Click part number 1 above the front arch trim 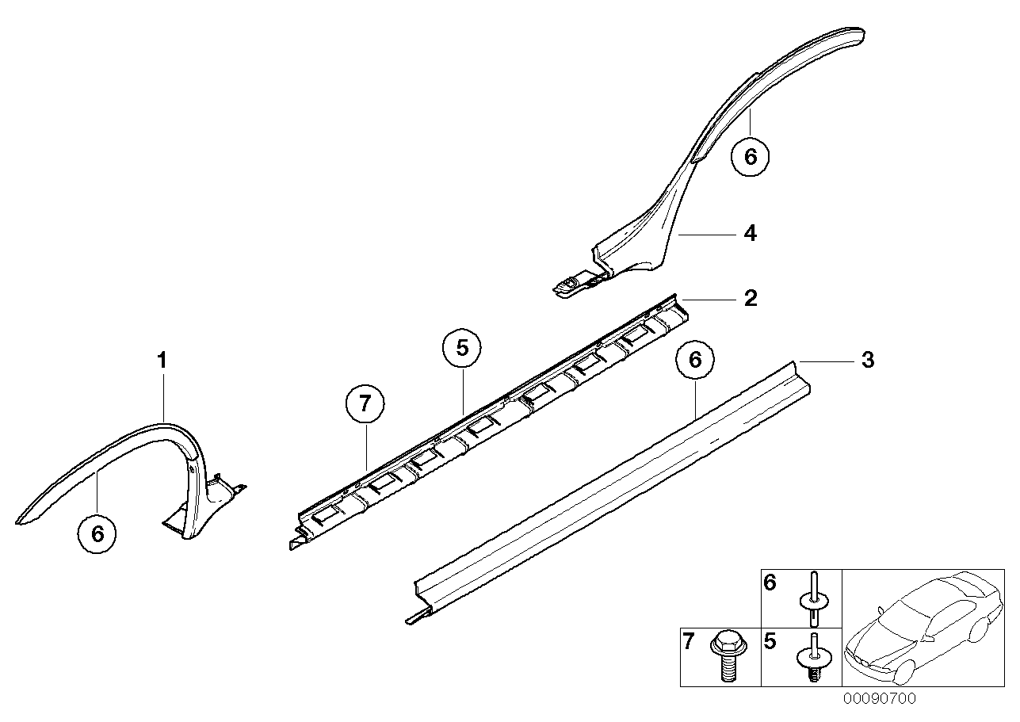click(x=162, y=361)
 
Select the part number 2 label click(x=751, y=299)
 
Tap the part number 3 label click(x=868, y=361)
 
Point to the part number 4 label click(x=750, y=234)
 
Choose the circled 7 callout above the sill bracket click(x=365, y=405)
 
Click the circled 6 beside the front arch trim click(x=97, y=533)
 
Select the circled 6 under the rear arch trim click(x=751, y=156)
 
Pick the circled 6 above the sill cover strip click(x=695, y=360)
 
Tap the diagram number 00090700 click(x=878, y=699)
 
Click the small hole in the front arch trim click(x=193, y=469)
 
